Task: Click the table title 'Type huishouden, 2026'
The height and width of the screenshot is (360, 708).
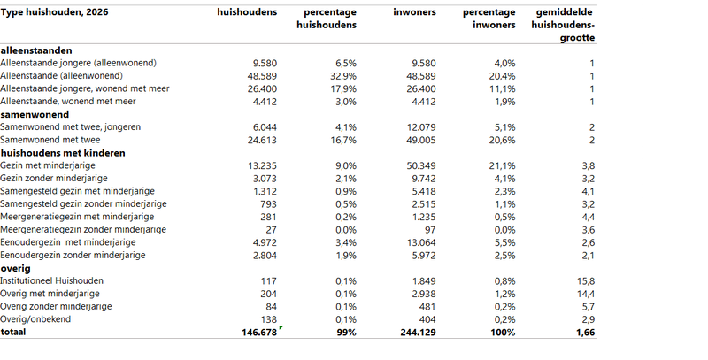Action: point(54,12)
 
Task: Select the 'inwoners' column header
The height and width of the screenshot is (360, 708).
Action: point(414,12)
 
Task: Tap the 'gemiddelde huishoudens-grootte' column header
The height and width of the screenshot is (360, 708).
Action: point(563,25)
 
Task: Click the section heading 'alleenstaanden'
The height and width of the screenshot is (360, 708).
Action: point(36,50)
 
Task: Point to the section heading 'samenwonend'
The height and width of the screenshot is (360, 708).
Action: point(35,115)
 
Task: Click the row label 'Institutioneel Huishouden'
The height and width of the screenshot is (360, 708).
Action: point(51,281)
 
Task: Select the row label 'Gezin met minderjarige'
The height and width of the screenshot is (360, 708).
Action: point(48,165)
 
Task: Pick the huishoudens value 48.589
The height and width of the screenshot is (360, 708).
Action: point(262,76)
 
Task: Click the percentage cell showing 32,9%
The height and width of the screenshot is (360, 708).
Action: point(343,76)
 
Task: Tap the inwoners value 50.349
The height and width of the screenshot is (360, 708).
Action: point(421,166)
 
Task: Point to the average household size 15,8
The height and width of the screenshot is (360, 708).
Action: point(586,281)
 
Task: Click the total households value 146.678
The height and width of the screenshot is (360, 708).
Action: point(259,333)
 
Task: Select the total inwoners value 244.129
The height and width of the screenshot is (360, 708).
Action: point(418,333)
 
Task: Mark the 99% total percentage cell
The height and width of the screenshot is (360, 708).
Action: point(346,333)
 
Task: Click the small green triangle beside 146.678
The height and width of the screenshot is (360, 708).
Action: point(281,327)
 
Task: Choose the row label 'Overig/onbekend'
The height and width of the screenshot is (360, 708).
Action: point(35,319)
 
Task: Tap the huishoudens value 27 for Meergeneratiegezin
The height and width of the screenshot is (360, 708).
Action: point(272,230)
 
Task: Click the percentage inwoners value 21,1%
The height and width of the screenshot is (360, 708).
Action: point(502,166)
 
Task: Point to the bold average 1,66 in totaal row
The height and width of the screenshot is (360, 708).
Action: point(586,333)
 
